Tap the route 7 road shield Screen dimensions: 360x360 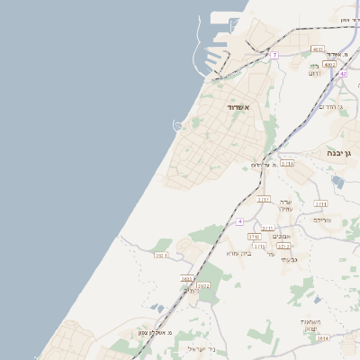[x=274, y=56]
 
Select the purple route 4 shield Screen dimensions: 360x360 [x=240, y=221]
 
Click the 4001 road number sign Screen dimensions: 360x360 [x=318, y=49]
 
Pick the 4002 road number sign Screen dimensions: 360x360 [x=329, y=65]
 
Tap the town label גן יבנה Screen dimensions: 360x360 [x=344, y=153]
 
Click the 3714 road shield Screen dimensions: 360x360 [x=287, y=163]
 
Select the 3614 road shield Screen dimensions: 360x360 [x=323, y=338]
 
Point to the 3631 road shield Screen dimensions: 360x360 [x=162, y=256]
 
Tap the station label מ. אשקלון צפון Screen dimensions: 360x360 [x=155, y=332]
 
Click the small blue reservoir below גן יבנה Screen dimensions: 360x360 [x=337, y=182]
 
